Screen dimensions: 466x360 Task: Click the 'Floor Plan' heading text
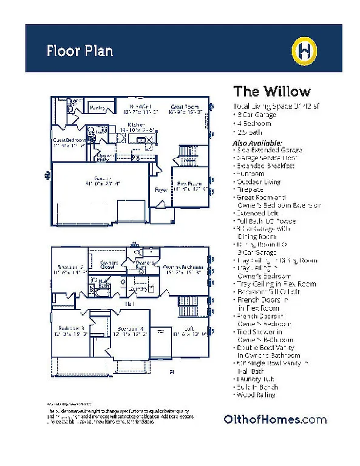(x=80, y=50)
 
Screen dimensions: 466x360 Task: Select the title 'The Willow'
(x=271, y=92)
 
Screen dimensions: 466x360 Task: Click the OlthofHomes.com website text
(x=275, y=419)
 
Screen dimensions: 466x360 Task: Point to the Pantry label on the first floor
(x=97, y=108)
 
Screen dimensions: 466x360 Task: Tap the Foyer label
(x=161, y=190)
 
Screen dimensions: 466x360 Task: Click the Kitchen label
(x=136, y=124)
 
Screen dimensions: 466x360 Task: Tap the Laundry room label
(x=142, y=289)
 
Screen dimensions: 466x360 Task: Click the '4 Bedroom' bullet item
(x=254, y=123)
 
